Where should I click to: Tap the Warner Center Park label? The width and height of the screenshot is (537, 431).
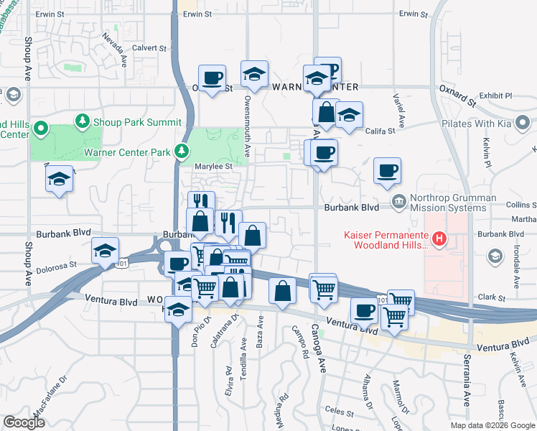coord(128,152)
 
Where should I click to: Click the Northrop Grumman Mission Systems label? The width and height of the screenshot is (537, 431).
coord(453,204)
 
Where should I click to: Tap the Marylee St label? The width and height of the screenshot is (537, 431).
coord(214,166)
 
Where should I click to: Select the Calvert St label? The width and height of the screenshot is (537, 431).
coord(149,49)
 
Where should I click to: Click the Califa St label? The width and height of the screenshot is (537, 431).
coord(381,131)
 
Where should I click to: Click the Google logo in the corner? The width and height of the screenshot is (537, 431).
coord(24,422)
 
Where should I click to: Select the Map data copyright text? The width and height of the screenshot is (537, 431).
coord(492,425)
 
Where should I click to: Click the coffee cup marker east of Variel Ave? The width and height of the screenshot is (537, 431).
coord(388,171)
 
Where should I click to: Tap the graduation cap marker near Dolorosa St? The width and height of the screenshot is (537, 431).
coord(105,251)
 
